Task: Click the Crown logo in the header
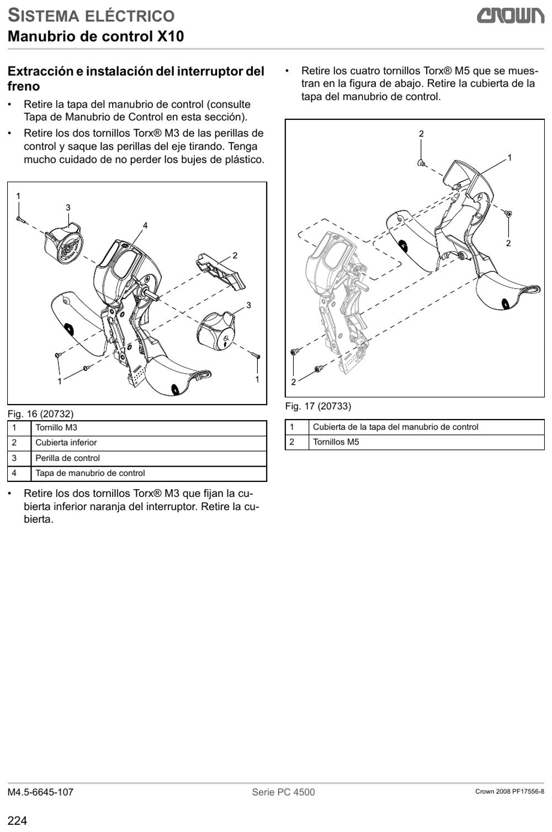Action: [x=511, y=16]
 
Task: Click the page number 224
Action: [x=17, y=820]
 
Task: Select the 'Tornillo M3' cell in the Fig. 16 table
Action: [x=148, y=428]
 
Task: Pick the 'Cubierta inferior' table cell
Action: [x=148, y=443]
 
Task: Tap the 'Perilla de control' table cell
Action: [x=148, y=458]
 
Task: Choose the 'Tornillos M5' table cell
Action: [x=427, y=442]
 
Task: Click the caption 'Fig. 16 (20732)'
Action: [x=40, y=414]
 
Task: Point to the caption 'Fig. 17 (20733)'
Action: [x=318, y=406]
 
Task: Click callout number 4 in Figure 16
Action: [x=145, y=225]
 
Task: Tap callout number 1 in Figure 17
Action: [x=509, y=158]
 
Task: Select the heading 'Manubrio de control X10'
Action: [x=96, y=36]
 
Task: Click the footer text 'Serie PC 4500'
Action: [x=283, y=792]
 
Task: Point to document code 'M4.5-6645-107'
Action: [x=40, y=792]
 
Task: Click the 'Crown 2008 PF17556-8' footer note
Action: [x=509, y=792]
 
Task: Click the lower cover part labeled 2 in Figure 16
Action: [x=221, y=271]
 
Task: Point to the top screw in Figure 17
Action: [x=421, y=163]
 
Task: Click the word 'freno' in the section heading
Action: [x=23, y=86]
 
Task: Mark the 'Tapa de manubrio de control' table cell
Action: [x=148, y=474]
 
